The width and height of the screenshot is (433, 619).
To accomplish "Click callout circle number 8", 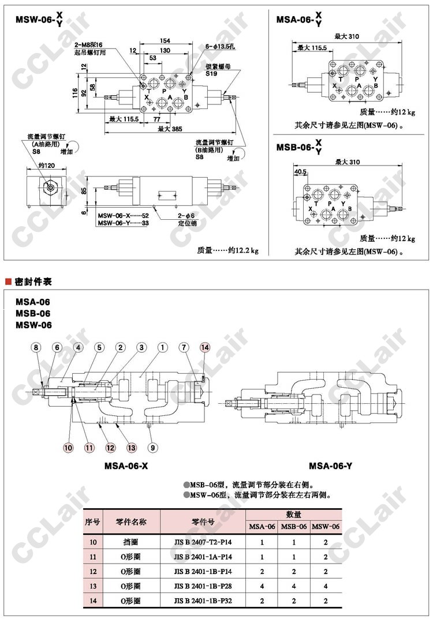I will (36, 347).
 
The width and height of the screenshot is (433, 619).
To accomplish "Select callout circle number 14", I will (205, 347).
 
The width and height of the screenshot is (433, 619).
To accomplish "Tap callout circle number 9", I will (152, 447).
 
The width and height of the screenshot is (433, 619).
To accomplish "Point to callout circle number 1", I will (163, 347).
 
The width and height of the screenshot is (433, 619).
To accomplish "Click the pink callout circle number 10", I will (68, 447).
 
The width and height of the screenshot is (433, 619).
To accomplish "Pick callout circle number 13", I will (132, 447).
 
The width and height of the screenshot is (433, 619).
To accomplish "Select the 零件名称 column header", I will (130, 522).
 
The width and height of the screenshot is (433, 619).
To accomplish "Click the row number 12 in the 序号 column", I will (93, 572).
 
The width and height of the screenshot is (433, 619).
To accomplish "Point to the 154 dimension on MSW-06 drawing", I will (165, 40).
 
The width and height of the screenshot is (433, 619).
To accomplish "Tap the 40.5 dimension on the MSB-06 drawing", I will (300, 171).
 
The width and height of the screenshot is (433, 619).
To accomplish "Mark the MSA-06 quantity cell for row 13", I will (262, 586).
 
